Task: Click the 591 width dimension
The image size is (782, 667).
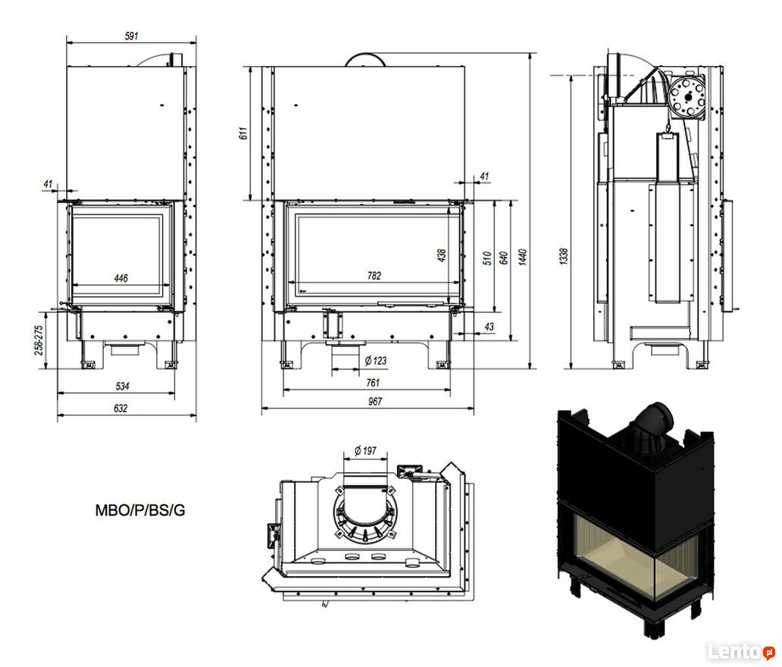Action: (x=131, y=36)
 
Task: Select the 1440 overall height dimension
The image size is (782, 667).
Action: (x=522, y=257)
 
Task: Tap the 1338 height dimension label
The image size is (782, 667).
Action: (x=564, y=256)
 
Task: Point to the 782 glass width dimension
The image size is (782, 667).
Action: (x=374, y=275)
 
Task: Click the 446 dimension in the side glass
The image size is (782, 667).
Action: (x=121, y=278)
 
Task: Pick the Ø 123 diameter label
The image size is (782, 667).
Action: (x=376, y=361)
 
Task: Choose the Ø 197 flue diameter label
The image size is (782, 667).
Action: (x=365, y=451)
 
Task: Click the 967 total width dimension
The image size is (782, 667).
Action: (x=374, y=401)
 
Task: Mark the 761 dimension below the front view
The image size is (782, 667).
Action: (x=373, y=383)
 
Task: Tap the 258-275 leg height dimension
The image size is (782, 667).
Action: (x=39, y=340)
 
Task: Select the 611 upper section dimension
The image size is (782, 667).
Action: (x=243, y=133)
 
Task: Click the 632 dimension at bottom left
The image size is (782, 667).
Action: (x=120, y=408)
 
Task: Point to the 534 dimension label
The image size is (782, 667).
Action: (x=122, y=386)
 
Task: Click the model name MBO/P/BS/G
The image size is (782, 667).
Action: (x=140, y=510)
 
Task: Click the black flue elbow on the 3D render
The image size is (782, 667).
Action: (x=652, y=421)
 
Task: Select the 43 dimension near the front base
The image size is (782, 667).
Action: (x=489, y=326)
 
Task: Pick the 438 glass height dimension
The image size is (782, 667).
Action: (x=441, y=255)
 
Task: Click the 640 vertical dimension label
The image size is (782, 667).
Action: (x=504, y=258)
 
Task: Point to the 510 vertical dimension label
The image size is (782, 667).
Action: (x=488, y=258)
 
